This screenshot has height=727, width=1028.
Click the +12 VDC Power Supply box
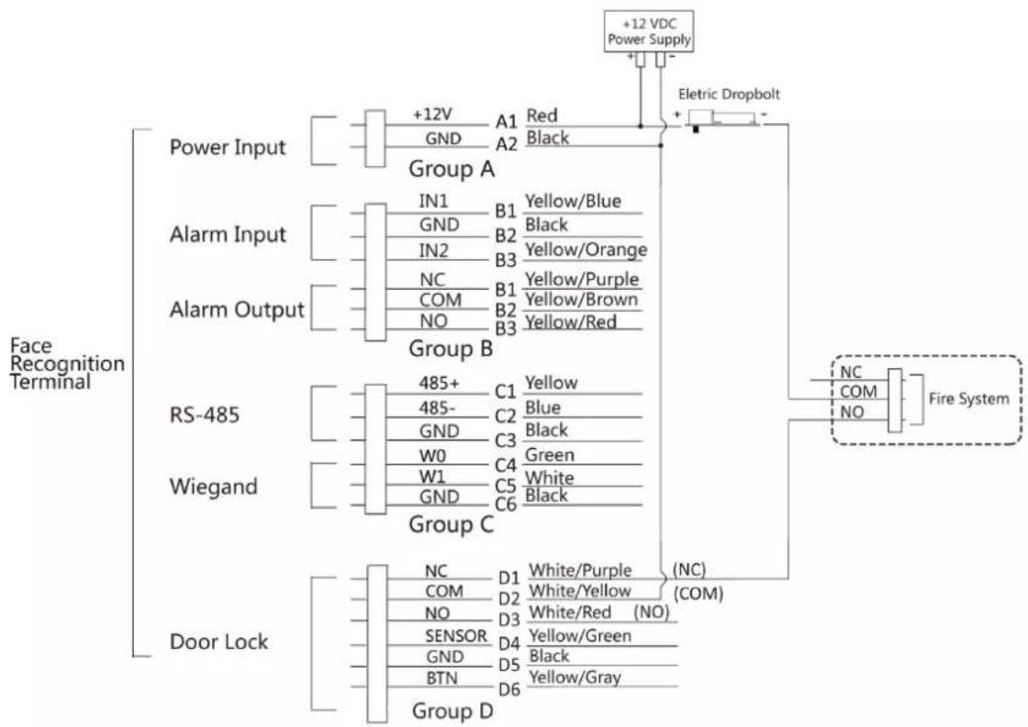click(x=648, y=31)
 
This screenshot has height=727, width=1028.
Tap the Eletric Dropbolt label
click(x=729, y=95)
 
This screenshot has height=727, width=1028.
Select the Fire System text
click(x=969, y=398)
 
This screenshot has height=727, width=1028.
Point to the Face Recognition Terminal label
click(x=67, y=363)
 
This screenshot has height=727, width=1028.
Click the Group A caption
click(x=451, y=169)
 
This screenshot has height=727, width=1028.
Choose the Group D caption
click(x=453, y=710)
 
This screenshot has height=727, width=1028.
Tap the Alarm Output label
click(x=237, y=309)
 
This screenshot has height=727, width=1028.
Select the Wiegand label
click(x=213, y=487)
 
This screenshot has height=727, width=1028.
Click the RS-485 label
click(x=204, y=414)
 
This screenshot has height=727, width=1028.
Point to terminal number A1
click(x=506, y=121)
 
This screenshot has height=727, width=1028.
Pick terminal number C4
click(x=506, y=464)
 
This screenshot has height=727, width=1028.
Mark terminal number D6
click(x=509, y=689)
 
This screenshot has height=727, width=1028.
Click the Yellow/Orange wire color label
click(x=587, y=250)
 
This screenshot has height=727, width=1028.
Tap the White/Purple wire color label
click(x=580, y=570)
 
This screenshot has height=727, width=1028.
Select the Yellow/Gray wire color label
click(x=575, y=677)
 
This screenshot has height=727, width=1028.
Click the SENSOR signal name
click(x=455, y=636)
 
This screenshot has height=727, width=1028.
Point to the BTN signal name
click(x=441, y=677)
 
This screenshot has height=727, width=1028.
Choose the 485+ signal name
click(x=440, y=383)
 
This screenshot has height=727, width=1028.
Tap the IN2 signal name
click(x=434, y=251)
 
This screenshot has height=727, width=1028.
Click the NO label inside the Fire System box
click(x=852, y=412)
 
